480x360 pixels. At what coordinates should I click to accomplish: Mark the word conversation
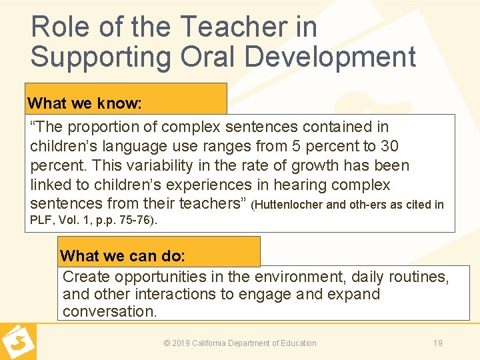[109, 311]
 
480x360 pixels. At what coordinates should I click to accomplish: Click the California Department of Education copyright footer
[240, 343]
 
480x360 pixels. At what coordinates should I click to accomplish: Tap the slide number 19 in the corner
[438, 343]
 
